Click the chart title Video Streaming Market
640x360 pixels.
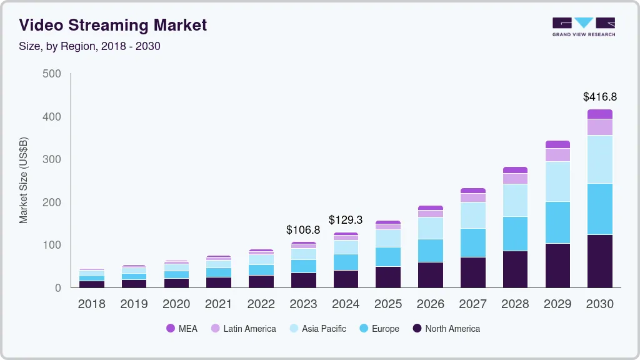[x=112, y=25]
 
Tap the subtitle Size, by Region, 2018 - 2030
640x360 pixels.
[x=89, y=46]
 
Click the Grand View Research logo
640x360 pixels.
[x=583, y=26]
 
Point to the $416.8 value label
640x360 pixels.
[x=599, y=97]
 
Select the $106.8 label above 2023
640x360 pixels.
[x=303, y=230]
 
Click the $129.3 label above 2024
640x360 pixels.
[x=346, y=221]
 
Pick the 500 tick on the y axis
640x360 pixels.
[x=52, y=74]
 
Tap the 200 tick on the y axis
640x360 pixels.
[x=52, y=202]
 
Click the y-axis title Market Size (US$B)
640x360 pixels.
[x=24, y=180]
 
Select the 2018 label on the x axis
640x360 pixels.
[x=91, y=304]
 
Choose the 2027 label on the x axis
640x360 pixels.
[x=472, y=304]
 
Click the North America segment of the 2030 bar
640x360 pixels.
[x=599, y=261]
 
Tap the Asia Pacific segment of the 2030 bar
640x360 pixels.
[x=599, y=159]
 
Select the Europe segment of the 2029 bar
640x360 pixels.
[x=557, y=222]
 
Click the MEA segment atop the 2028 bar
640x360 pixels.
[x=515, y=170]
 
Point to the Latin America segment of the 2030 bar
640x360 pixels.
[x=599, y=127]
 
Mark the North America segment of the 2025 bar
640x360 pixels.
[x=387, y=277]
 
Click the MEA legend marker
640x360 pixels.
[x=171, y=329]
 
